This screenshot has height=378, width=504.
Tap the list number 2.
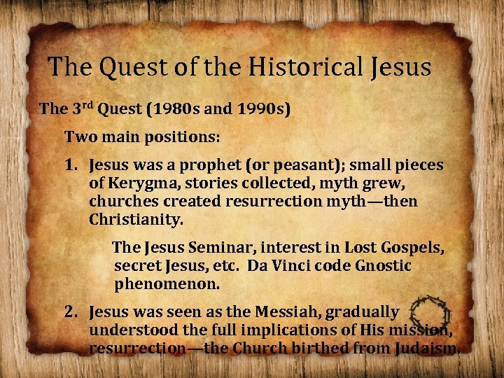point(71,311)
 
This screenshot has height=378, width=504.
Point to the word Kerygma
point(137,184)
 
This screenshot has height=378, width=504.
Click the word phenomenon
point(167,285)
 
